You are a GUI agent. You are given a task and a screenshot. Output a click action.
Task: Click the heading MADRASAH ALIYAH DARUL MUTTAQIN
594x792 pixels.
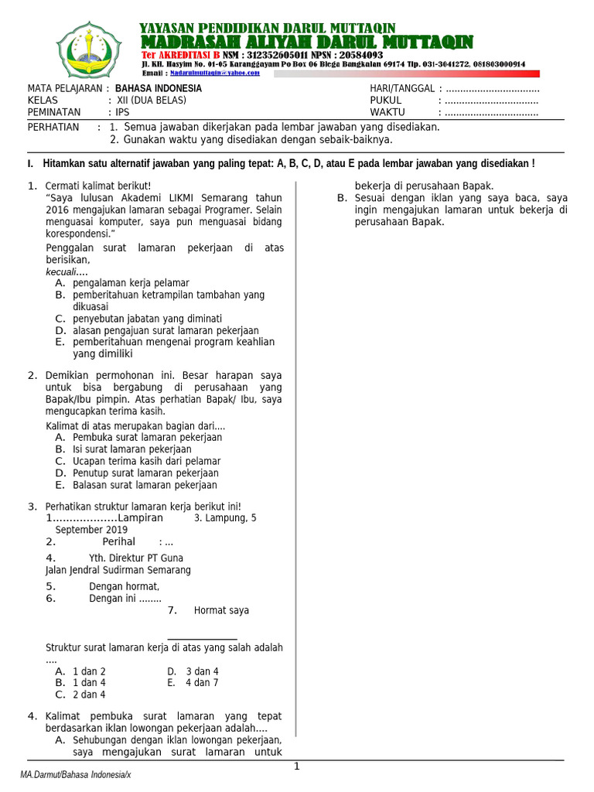(x=306, y=43)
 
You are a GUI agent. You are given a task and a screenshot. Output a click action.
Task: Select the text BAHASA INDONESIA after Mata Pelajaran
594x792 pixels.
(x=159, y=89)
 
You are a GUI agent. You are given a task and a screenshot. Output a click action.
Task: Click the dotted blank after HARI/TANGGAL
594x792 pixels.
(x=489, y=89)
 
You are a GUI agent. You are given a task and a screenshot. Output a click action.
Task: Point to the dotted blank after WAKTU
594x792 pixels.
(x=489, y=112)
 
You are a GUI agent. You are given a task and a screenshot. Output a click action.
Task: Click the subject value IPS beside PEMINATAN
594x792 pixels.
(x=123, y=112)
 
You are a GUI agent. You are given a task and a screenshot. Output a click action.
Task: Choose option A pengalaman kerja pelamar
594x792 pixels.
(x=130, y=283)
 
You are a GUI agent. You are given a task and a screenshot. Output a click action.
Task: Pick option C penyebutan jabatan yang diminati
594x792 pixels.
(x=147, y=319)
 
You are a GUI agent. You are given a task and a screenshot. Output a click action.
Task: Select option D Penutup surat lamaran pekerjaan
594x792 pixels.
(x=145, y=473)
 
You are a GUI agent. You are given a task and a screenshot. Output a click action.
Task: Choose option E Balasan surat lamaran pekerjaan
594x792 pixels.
(x=145, y=486)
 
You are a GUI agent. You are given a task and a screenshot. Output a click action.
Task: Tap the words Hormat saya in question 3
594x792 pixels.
(x=221, y=610)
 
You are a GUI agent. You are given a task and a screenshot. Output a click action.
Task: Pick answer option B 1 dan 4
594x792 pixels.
(x=88, y=683)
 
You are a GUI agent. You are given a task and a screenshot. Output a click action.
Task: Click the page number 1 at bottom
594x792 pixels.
(x=296, y=766)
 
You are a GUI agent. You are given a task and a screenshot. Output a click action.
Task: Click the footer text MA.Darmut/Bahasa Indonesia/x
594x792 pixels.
(x=76, y=775)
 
